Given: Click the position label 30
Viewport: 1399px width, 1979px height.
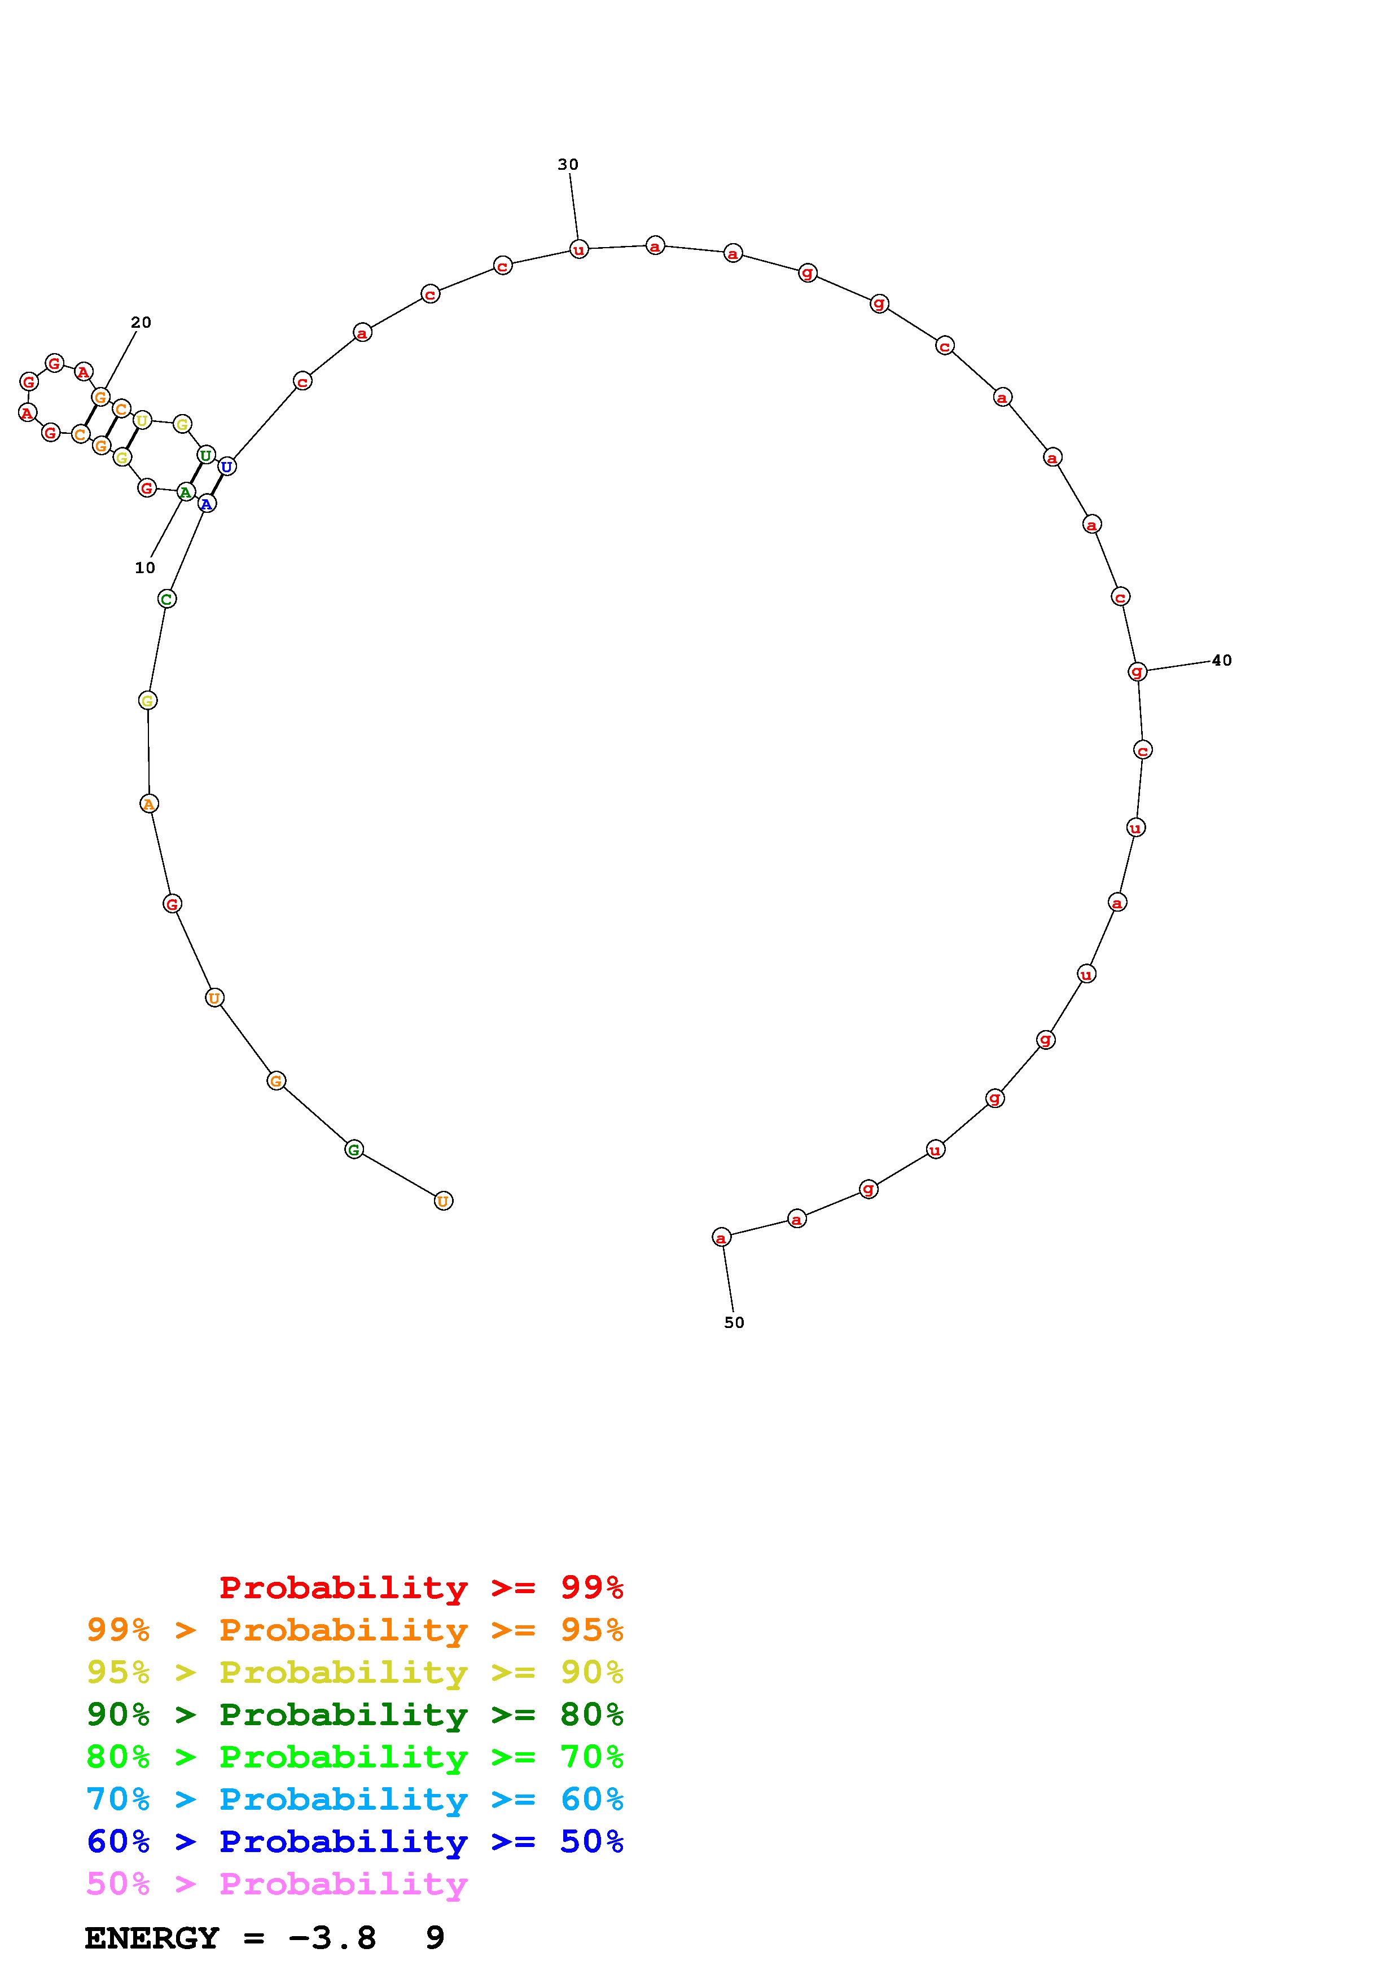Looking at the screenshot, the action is [568, 165].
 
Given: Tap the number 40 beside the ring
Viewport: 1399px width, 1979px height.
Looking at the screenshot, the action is [1221, 660].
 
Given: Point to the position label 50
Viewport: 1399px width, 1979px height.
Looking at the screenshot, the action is [734, 1322].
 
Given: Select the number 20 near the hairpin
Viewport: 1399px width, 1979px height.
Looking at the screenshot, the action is [141, 322].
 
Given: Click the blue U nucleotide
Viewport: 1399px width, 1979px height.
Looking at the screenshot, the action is [226, 467].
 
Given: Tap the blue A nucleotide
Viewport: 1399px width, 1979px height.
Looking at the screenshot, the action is [206, 503].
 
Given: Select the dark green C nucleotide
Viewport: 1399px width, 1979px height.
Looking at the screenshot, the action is [167, 598].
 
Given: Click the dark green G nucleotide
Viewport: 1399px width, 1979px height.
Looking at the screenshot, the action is [353, 1149].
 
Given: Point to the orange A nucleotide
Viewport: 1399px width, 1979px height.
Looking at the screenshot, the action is [148, 803].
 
